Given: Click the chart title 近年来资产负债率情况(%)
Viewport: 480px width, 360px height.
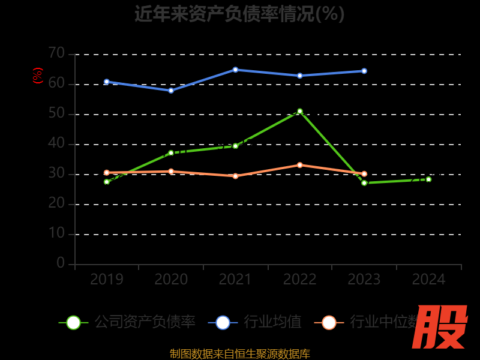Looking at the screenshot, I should pyautogui.click(x=239, y=13).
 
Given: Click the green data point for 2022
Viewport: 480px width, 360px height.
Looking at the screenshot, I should pyautogui.click(x=300, y=111).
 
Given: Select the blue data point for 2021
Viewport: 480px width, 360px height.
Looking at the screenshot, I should pyautogui.click(x=235, y=70).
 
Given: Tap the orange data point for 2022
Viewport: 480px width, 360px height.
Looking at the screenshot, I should pyautogui.click(x=300, y=165).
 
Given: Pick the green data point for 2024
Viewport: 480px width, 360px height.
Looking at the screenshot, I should pyautogui.click(x=428, y=179).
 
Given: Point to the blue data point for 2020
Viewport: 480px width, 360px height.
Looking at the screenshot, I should pyautogui.click(x=171, y=91).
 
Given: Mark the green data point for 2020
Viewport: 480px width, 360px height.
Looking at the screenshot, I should pyautogui.click(x=171, y=152).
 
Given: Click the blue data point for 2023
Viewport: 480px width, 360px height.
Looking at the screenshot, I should pyautogui.click(x=364, y=71).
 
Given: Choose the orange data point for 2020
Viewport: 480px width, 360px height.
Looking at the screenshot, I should pyautogui.click(x=171, y=172).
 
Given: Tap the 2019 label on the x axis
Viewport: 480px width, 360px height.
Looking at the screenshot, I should pyautogui.click(x=107, y=280).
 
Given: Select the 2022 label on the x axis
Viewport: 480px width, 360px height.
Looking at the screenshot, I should pyautogui.click(x=300, y=280).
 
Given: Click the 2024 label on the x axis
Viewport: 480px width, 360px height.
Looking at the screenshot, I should pyautogui.click(x=428, y=280).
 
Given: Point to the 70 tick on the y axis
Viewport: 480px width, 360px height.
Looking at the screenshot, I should pyautogui.click(x=56, y=53).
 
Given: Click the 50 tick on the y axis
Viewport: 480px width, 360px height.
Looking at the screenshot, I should pyautogui.click(x=56, y=113).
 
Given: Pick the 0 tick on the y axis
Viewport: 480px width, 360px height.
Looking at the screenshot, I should pyautogui.click(x=61, y=263).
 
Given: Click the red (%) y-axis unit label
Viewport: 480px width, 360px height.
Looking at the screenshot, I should pyautogui.click(x=38, y=76).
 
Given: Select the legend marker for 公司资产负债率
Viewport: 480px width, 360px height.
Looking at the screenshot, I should pyautogui.click(x=73, y=322).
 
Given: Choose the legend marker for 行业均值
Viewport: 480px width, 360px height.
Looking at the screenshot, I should pyautogui.click(x=223, y=322).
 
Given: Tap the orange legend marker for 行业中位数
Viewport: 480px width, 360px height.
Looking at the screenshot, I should pyautogui.click(x=329, y=322).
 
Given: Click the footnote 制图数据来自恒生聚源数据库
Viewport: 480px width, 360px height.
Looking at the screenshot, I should pyautogui.click(x=239, y=353).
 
